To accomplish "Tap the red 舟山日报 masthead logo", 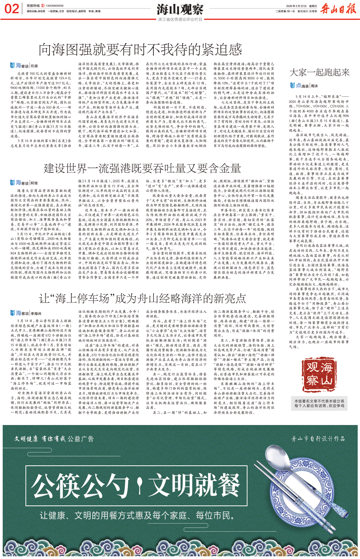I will [338, 8].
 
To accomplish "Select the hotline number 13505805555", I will [54, 6].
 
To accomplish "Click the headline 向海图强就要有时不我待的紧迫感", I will [140, 50].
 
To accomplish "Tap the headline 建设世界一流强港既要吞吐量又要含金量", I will [142, 168].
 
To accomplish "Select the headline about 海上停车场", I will [142, 298].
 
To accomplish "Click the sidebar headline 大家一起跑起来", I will [319, 72].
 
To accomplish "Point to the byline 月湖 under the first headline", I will [34, 66].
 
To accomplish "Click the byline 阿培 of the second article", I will [34, 183].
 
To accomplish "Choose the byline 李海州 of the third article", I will [36, 313].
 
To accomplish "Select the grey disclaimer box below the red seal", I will [319, 403].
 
